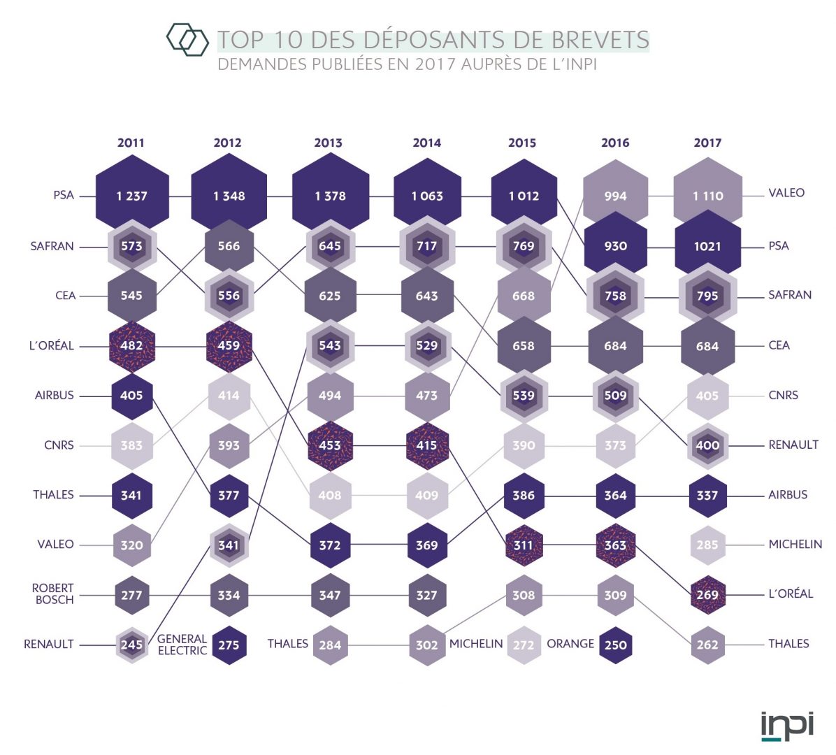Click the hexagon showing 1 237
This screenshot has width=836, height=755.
[131, 196]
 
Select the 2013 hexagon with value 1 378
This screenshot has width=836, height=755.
[329, 196]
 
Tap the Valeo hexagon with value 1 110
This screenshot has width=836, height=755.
[707, 196]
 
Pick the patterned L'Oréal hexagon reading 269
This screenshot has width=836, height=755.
[707, 595]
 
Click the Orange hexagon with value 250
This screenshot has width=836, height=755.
[615, 645]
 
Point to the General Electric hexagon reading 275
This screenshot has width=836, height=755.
[229, 645]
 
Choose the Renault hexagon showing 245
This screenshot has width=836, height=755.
[131, 645]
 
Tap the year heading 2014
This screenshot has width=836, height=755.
[426, 143]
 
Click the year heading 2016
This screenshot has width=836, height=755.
[615, 143]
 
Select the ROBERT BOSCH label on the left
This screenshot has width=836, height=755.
[52, 594]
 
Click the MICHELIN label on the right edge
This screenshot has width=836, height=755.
[795, 544]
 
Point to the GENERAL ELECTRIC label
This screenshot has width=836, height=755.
[182, 645]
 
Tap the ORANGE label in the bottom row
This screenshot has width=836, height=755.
[570, 644]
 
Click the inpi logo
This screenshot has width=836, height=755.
[787, 726]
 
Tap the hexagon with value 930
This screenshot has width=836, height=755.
[615, 246]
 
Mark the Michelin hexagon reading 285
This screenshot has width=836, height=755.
[707, 545]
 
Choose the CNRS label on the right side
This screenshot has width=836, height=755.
[783, 395]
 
